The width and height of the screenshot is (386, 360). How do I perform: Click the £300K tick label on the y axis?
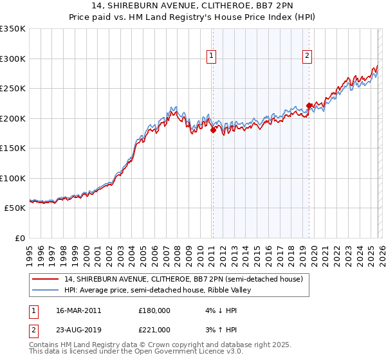(13, 59)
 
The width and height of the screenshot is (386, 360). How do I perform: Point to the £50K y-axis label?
(15, 208)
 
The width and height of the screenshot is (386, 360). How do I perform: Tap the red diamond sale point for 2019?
(309, 106)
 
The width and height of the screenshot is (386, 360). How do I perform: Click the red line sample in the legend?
(46, 279)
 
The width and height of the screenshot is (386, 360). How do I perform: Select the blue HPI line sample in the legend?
(46, 290)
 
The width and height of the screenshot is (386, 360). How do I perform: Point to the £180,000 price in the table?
(154, 310)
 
